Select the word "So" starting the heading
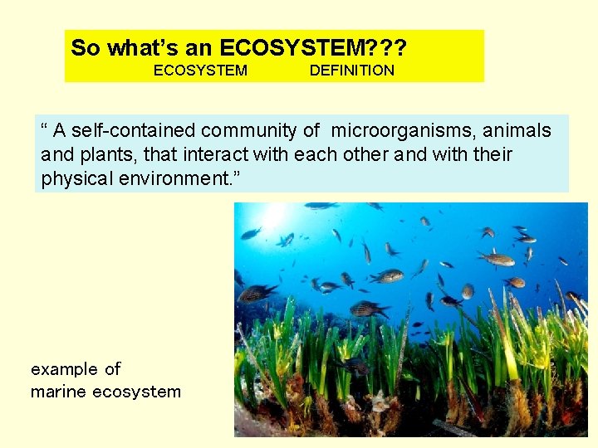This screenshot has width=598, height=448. (x=85, y=47)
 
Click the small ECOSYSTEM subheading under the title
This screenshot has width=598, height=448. (x=200, y=71)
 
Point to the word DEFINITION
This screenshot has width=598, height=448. (x=351, y=71)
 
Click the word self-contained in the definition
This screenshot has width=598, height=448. (x=125, y=131)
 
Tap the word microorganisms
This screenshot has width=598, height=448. (x=390, y=131)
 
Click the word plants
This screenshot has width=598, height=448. (x=100, y=154)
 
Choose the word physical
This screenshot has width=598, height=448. (x=75, y=178)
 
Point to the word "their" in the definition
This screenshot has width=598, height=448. (x=493, y=154)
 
